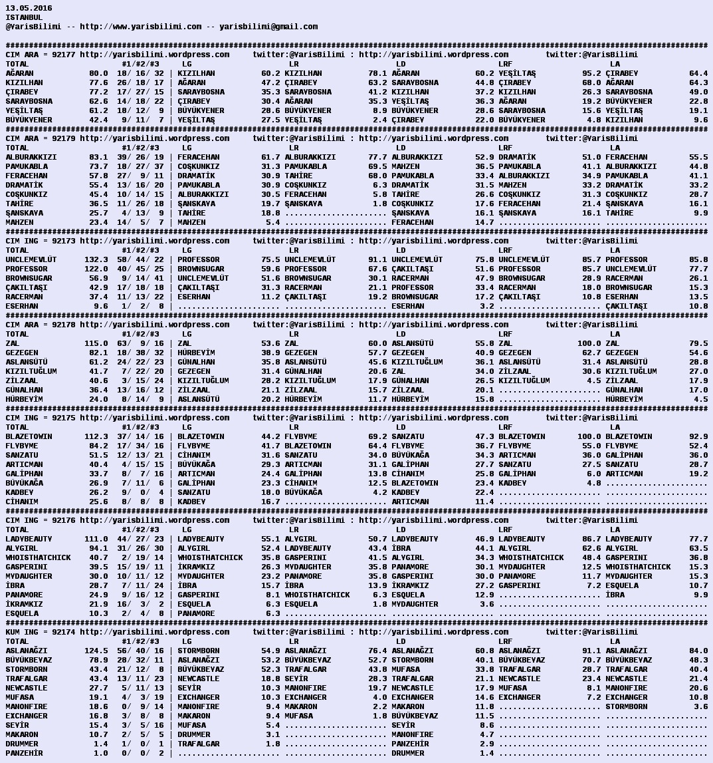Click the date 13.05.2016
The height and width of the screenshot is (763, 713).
pos(29,8)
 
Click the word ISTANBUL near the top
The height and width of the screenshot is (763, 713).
pos(24,17)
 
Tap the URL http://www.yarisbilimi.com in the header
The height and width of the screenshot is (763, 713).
pos(140,27)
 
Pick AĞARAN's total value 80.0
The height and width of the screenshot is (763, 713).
pos(98,73)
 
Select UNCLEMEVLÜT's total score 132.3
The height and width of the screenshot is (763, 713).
pos(96,259)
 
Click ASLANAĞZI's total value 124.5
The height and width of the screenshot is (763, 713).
pos(96,651)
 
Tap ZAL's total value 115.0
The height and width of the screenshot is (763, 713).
pos(96,343)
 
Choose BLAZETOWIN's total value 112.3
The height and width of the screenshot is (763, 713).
pos(96,436)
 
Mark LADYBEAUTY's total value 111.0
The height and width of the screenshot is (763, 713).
pos(96,539)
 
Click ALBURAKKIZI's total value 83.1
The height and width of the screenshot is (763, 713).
pos(98,157)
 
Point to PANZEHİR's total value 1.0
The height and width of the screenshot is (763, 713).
pos(100,753)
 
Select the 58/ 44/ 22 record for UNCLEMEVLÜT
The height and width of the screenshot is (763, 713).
pos(140,259)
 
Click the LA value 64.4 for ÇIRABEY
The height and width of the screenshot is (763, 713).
pos(698,73)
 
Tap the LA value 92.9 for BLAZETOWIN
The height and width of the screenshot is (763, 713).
pos(698,436)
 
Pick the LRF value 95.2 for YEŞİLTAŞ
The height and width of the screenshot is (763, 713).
pos(591,73)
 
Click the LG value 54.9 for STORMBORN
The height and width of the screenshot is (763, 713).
pos(270,651)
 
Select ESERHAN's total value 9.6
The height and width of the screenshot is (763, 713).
pos(100,306)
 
